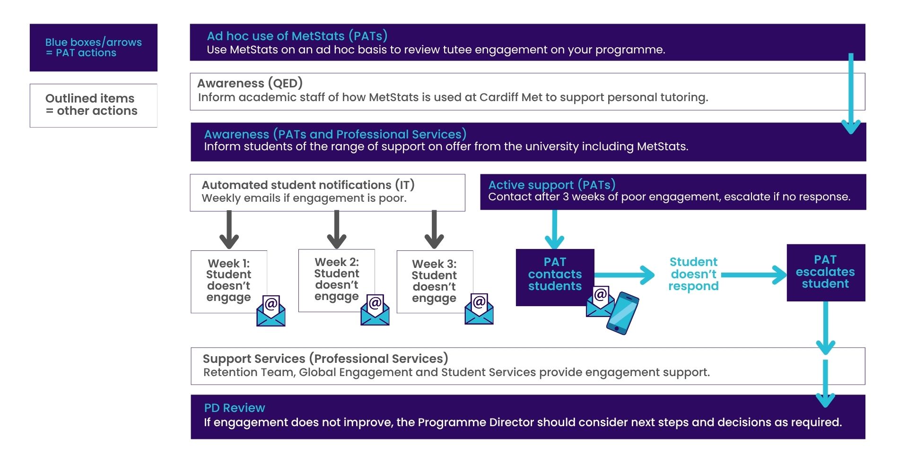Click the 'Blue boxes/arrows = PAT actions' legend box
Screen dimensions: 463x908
click(x=93, y=47)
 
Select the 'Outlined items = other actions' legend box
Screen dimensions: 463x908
click(x=93, y=105)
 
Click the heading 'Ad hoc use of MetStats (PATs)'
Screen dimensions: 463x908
click(x=297, y=36)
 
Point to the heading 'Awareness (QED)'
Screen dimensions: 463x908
click(x=250, y=83)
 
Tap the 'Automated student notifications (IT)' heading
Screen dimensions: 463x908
click(x=308, y=185)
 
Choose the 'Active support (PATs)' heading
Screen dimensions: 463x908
click(x=551, y=185)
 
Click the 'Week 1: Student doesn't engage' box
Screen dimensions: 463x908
click(x=228, y=281)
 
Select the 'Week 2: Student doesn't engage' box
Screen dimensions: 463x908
click(x=336, y=280)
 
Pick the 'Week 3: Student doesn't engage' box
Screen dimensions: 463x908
click(x=434, y=281)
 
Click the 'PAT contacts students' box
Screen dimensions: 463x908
click(x=554, y=274)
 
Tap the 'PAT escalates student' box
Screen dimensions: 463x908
click(x=825, y=272)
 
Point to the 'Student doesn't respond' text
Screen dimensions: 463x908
click(x=693, y=274)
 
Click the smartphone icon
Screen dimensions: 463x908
click(x=622, y=313)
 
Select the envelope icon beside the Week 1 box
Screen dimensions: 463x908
click(x=271, y=311)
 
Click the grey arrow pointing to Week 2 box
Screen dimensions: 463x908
click(x=337, y=230)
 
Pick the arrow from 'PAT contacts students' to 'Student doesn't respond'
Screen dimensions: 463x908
click(x=624, y=275)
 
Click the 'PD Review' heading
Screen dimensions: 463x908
click(x=234, y=408)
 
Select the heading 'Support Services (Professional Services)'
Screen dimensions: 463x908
click(x=325, y=359)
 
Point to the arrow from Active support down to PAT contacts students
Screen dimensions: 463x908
click(x=554, y=229)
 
